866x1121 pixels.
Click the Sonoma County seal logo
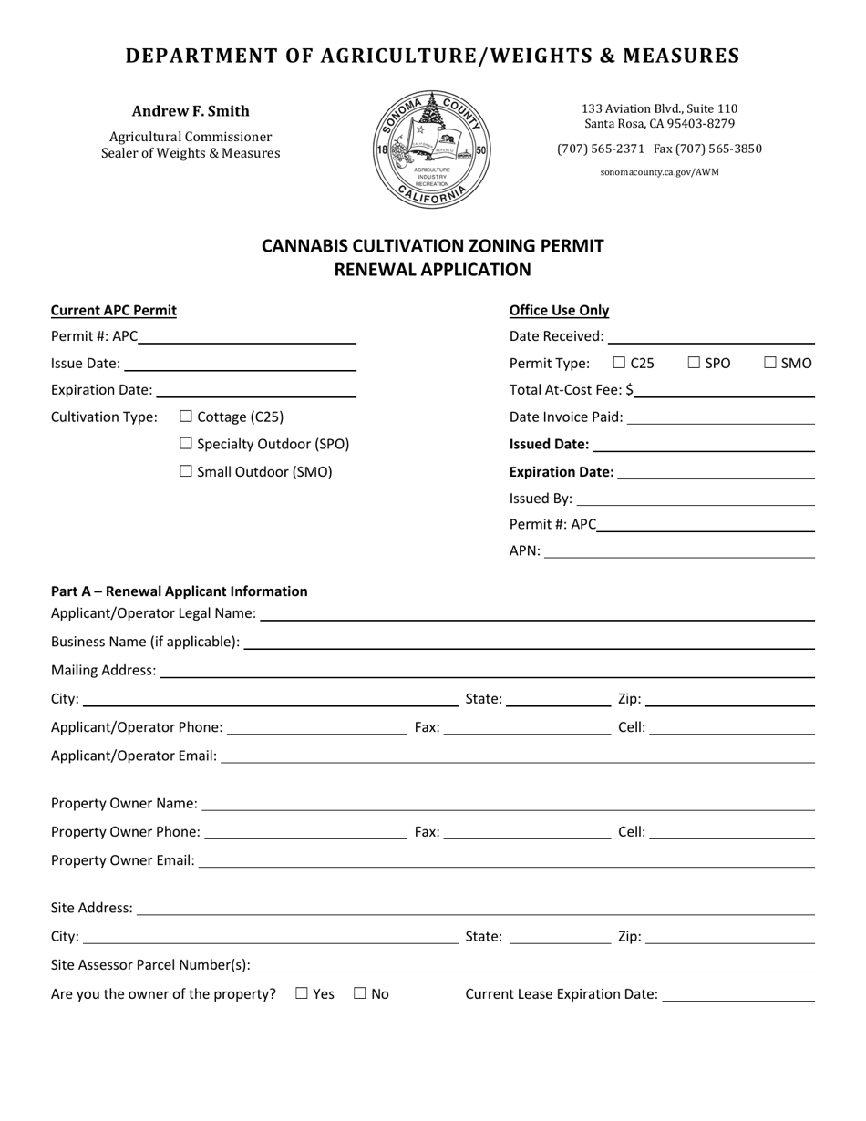click(432, 149)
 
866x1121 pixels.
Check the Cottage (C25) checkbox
click(187, 417)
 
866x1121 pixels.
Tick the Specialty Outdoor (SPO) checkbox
click(187, 444)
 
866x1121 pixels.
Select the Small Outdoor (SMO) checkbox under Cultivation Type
click(187, 471)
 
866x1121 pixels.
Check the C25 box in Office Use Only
click(620, 363)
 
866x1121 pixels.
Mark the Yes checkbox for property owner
click(302, 993)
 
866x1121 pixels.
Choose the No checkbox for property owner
click(359, 993)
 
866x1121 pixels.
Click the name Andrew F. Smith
click(191, 111)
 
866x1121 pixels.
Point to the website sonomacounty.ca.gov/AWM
click(659, 171)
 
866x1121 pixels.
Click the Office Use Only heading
click(559, 310)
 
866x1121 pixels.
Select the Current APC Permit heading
click(114, 310)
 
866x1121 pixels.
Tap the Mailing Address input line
click(486, 670)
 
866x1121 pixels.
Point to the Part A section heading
click(180, 591)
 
